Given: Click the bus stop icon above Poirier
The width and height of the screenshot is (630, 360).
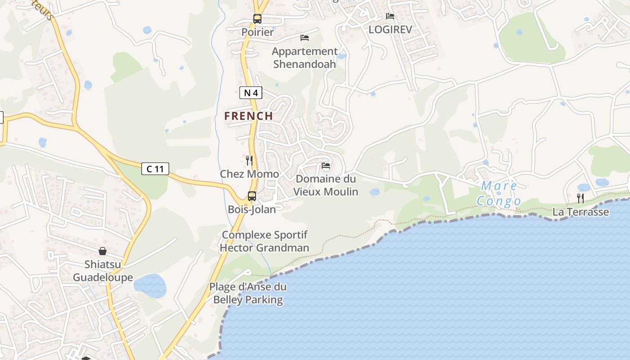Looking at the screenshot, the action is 257,19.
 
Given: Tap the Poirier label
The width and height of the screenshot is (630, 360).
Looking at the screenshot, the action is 257,32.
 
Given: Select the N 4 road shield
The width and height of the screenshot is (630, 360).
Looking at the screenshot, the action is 251,93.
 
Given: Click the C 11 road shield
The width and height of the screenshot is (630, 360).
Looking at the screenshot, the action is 155,169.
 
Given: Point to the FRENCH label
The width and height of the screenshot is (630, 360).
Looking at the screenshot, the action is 249,116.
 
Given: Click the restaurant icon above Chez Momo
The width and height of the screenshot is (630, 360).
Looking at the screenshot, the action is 249,160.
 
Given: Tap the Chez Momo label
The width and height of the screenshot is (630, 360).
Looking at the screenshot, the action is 249,174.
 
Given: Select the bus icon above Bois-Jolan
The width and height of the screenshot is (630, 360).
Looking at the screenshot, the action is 252,196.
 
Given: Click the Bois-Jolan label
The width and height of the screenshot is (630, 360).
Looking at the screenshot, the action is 252,209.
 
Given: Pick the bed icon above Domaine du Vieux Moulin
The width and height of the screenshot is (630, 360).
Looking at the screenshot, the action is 326,166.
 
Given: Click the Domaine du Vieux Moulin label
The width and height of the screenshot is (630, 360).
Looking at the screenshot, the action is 326,185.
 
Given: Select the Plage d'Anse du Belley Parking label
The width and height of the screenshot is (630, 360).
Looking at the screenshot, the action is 248,293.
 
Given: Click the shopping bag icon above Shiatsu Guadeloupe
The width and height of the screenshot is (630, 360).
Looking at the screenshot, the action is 103,251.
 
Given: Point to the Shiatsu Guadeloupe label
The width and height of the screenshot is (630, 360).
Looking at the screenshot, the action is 103,270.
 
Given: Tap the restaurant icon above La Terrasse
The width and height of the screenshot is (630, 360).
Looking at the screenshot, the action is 580,198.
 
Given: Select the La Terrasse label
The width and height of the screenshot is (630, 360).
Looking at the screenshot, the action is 580,211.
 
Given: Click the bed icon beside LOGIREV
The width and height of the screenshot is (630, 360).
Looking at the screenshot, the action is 390,16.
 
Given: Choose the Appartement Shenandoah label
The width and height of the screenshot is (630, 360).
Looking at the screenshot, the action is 305,58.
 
